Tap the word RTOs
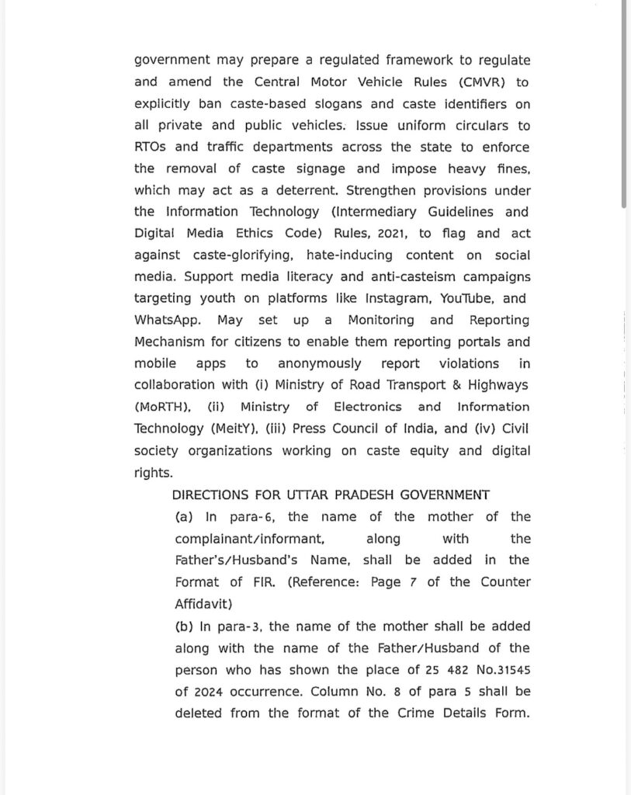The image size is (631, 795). click(151, 147)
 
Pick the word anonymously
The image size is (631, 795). click(319, 363)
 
